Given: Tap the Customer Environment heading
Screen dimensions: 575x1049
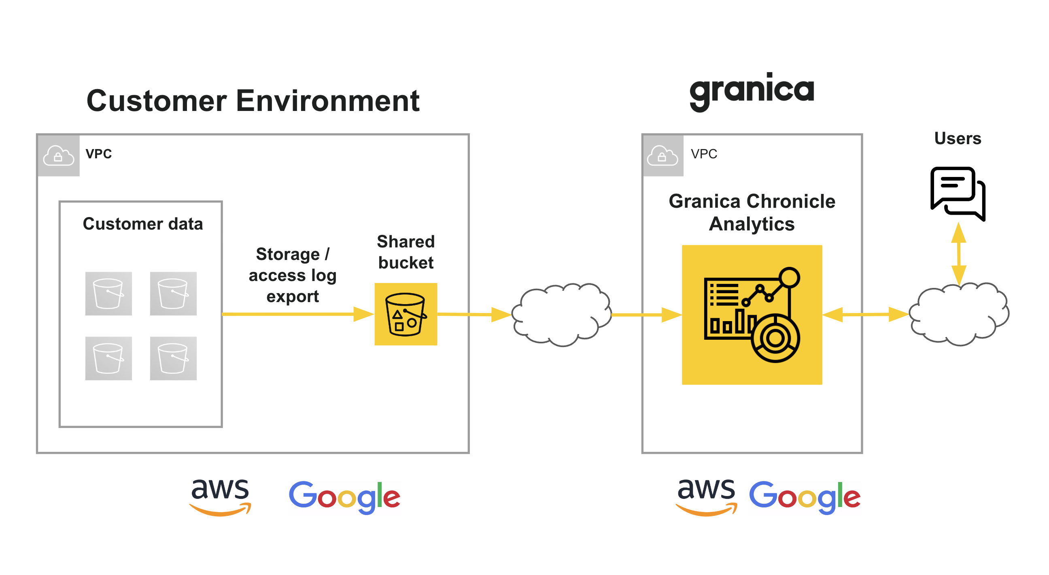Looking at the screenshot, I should [x=253, y=101].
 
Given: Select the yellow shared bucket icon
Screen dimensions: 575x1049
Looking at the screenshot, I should [x=406, y=314].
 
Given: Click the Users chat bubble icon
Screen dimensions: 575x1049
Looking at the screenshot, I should [x=958, y=193].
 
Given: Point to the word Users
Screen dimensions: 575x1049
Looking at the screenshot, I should [x=958, y=138].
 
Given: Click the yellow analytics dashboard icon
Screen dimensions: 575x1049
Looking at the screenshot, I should [x=752, y=315].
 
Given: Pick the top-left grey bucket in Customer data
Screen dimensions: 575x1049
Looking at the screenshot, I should [x=108, y=294].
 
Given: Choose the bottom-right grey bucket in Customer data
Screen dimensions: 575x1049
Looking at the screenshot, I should [x=173, y=358].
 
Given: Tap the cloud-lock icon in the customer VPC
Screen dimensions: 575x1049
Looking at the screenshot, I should [x=58, y=155].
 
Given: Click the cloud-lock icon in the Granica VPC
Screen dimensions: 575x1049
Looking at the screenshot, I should [x=662, y=155].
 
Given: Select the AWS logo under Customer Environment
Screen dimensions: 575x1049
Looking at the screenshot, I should [x=220, y=497].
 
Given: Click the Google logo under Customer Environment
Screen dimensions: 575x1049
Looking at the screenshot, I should [x=344, y=497].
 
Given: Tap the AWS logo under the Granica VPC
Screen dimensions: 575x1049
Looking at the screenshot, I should [x=706, y=497].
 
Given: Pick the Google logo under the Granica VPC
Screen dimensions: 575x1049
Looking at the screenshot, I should [x=805, y=497].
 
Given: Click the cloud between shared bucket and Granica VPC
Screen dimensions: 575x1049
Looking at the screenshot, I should [x=561, y=315].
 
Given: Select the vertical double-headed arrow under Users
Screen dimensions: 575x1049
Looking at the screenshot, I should [x=959, y=253].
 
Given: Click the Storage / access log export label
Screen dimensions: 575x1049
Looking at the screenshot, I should [x=292, y=275].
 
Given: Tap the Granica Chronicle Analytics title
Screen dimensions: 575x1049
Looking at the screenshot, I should [x=752, y=212].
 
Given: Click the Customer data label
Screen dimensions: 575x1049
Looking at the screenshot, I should [x=142, y=224].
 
